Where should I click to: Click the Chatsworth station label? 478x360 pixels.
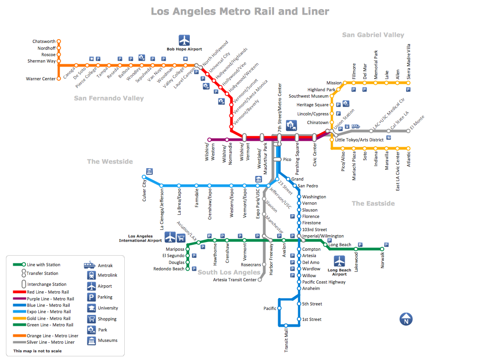(44, 41)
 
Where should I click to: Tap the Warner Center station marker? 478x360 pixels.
(59, 79)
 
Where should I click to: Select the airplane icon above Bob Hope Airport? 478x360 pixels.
(184, 40)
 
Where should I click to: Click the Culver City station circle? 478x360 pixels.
(144, 177)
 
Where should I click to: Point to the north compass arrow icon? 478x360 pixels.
(406, 319)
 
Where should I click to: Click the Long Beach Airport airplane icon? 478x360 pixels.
(340, 261)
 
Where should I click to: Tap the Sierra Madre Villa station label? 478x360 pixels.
(408, 62)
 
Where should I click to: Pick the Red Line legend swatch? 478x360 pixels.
(19, 292)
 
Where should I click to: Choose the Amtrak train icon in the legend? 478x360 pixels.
(90, 265)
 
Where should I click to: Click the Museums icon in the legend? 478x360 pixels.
(91, 340)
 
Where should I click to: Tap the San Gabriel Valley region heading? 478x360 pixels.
(373, 35)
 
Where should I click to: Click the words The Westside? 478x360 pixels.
(110, 161)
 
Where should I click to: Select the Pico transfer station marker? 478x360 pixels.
(277, 159)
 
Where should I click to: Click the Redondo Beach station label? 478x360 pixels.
(169, 269)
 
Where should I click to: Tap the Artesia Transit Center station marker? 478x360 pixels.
(260, 280)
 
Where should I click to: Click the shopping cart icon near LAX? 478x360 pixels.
(181, 237)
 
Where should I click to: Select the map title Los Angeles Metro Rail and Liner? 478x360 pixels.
(240, 11)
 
